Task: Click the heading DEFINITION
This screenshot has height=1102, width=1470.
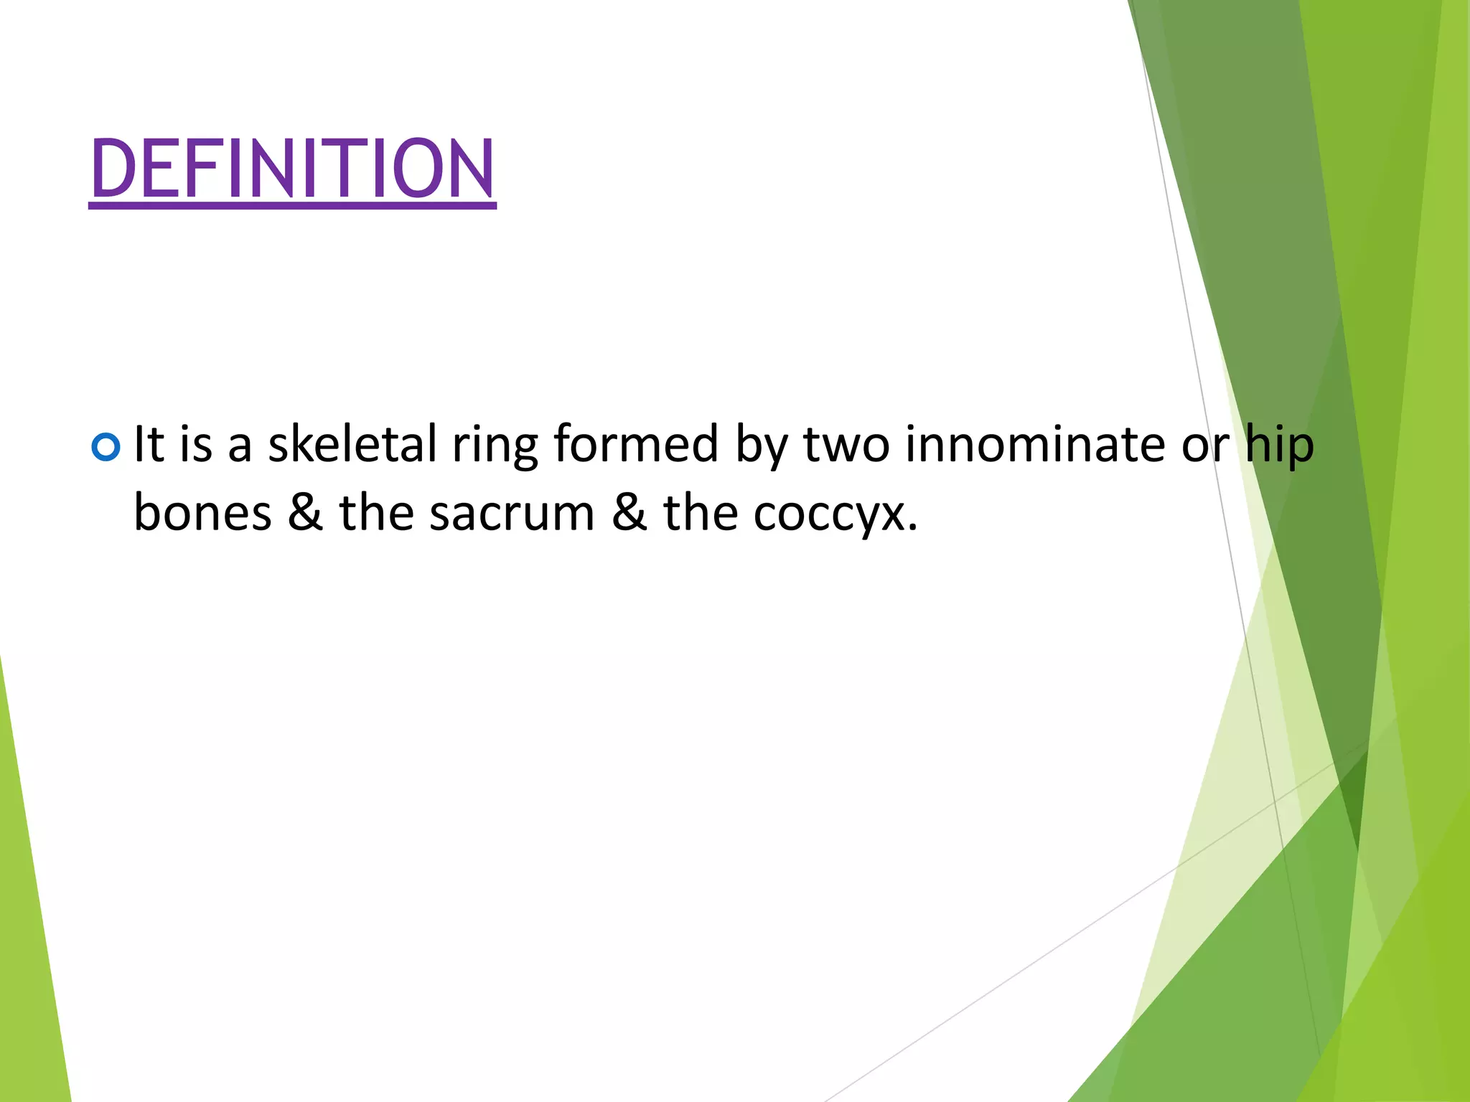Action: pyautogui.click(x=292, y=169)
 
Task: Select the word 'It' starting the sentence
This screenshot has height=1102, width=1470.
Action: pyautogui.click(x=149, y=444)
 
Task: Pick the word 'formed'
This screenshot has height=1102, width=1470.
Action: pyautogui.click(x=636, y=444)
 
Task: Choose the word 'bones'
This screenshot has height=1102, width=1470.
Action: pyautogui.click(x=203, y=513)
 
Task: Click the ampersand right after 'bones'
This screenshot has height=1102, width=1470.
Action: pyautogui.click(x=305, y=513)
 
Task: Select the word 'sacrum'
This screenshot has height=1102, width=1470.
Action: pyautogui.click(x=512, y=514)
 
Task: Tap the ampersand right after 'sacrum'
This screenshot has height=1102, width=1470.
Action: pyautogui.click(x=629, y=513)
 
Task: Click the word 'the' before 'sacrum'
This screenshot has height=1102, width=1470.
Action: pyautogui.click(x=377, y=513)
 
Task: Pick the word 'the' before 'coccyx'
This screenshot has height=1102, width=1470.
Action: pyautogui.click(x=701, y=513)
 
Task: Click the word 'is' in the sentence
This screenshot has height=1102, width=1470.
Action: pyautogui.click(x=196, y=444)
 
